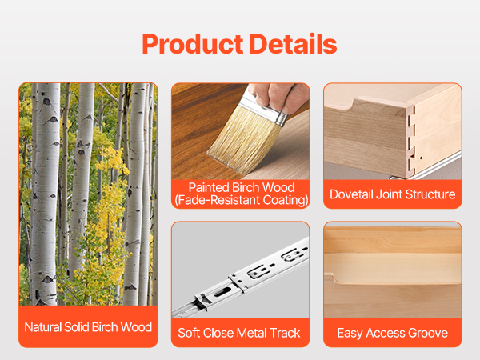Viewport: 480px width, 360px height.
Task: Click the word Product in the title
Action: [193, 44]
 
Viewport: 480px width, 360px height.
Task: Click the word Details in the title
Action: [294, 44]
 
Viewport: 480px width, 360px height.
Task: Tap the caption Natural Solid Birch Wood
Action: [88, 327]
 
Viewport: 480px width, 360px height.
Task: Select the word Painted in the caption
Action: [209, 187]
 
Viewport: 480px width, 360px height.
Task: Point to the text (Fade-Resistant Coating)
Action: [242, 200]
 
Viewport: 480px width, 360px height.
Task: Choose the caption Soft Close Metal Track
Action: [239, 333]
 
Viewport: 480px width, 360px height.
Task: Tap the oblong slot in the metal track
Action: [223, 291]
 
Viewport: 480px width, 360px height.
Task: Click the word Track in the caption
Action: [286, 333]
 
